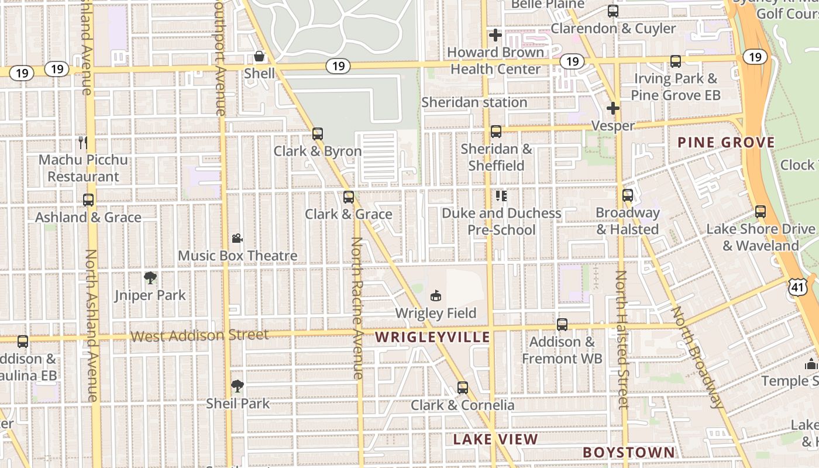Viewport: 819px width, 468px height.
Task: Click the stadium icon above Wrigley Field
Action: (435, 296)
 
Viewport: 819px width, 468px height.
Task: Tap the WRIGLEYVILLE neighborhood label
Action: (432, 337)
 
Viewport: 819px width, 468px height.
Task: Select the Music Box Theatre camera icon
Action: (237, 238)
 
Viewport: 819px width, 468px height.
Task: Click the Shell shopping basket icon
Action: (259, 56)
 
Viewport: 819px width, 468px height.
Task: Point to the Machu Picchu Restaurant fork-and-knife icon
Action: (82, 142)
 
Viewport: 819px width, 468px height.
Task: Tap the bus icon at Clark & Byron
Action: (318, 134)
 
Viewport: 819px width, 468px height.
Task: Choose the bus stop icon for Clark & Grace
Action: (349, 197)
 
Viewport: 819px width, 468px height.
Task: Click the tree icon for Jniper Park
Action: (150, 278)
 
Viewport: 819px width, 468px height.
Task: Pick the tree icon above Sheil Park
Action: (237, 386)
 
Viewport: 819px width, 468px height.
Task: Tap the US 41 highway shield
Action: (797, 287)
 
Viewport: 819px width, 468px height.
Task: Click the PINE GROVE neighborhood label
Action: (726, 142)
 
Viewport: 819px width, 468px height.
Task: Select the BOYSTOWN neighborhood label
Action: (628, 452)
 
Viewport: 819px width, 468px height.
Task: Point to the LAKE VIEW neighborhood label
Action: (495, 439)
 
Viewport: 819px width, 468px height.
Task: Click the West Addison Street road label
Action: (199, 335)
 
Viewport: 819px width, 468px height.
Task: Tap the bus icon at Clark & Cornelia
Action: (463, 387)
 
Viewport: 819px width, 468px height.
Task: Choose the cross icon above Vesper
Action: (613, 108)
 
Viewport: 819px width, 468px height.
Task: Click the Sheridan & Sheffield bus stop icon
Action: (496, 132)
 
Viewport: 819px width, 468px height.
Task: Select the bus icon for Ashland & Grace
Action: (88, 200)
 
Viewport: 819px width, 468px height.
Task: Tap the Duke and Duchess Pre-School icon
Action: (501, 195)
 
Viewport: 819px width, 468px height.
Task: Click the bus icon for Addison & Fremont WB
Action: (562, 324)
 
